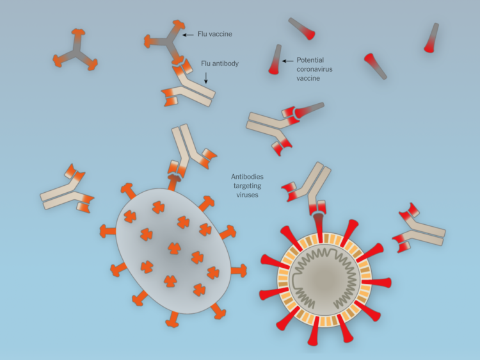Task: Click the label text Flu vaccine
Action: pyautogui.click(x=214, y=34)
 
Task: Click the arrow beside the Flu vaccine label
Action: pyautogui.click(x=188, y=35)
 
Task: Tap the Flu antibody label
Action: pyautogui.click(x=220, y=63)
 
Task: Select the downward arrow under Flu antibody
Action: pyautogui.click(x=206, y=78)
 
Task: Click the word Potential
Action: pyautogui.click(x=310, y=60)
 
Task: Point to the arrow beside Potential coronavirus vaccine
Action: pyautogui.click(x=288, y=61)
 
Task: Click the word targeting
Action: pyautogui.click(x=247, y=186)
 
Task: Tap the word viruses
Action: pyautogui.click(x=247, y=195)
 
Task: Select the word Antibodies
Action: pyautogui.click(x=247, y=177)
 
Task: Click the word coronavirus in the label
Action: pyautogui.click(x=314, y=69)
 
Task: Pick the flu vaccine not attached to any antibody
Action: pyautogui.click(x=76, y=50)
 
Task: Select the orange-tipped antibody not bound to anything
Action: pyautogui.click(x=67, y=191)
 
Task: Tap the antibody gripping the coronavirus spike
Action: pyautogui.click(x=308, y=188)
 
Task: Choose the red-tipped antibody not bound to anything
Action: pyautogui.click(x=418, y=229)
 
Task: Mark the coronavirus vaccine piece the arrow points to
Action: pyautogui.click(x=275, y=60)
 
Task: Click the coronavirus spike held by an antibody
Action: pyautogui.click(x=319, y=227)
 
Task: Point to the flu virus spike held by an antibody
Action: pyautogui.click(x=173, y=183)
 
